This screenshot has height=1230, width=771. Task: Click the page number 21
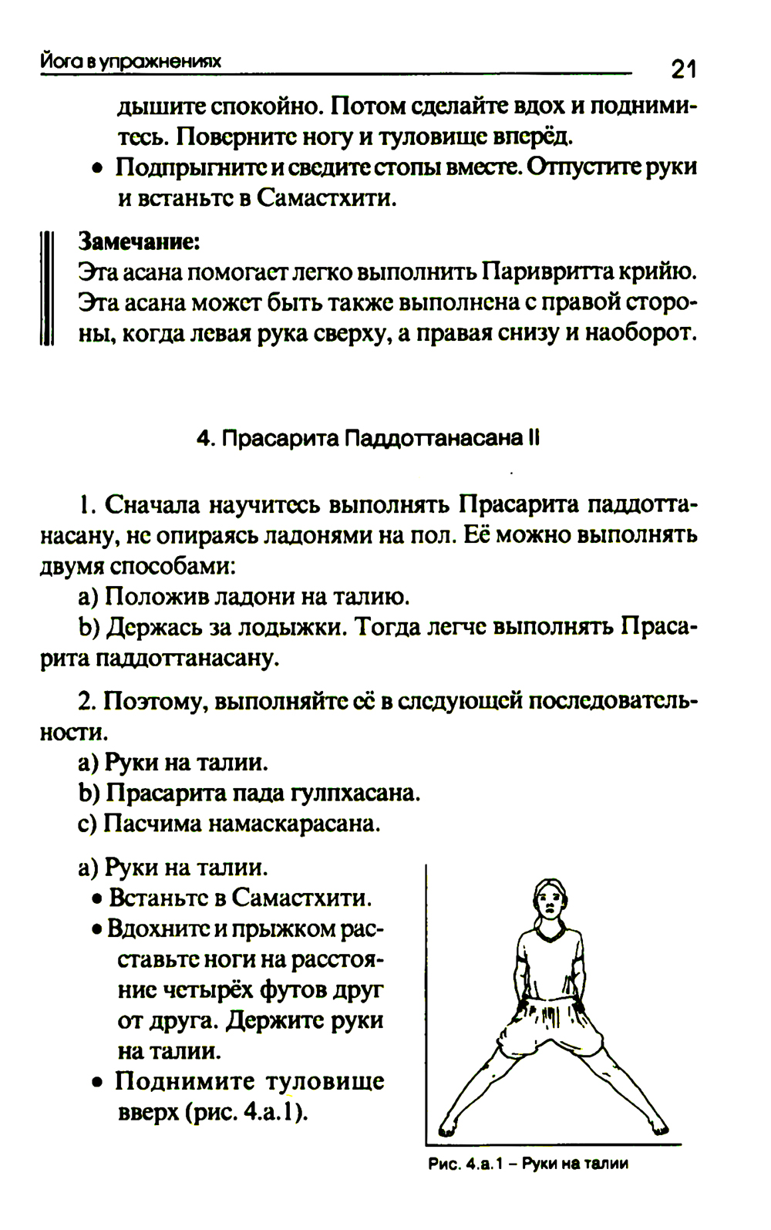pyautogui.click(x=683, y=70)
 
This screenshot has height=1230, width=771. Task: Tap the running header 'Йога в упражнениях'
pyautogui.click(x=131, y=61)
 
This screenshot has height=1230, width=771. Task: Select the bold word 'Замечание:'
pyautogui.click(x=140, y=241)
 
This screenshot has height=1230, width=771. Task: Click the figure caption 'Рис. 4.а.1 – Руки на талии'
pyautogui.click(x=528, y=1164)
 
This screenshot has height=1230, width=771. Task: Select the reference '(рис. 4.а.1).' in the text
pyautogui.click(x=246, y=1113)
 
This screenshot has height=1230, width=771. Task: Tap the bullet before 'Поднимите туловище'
pyautogui.click(x=97, y=1083)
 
